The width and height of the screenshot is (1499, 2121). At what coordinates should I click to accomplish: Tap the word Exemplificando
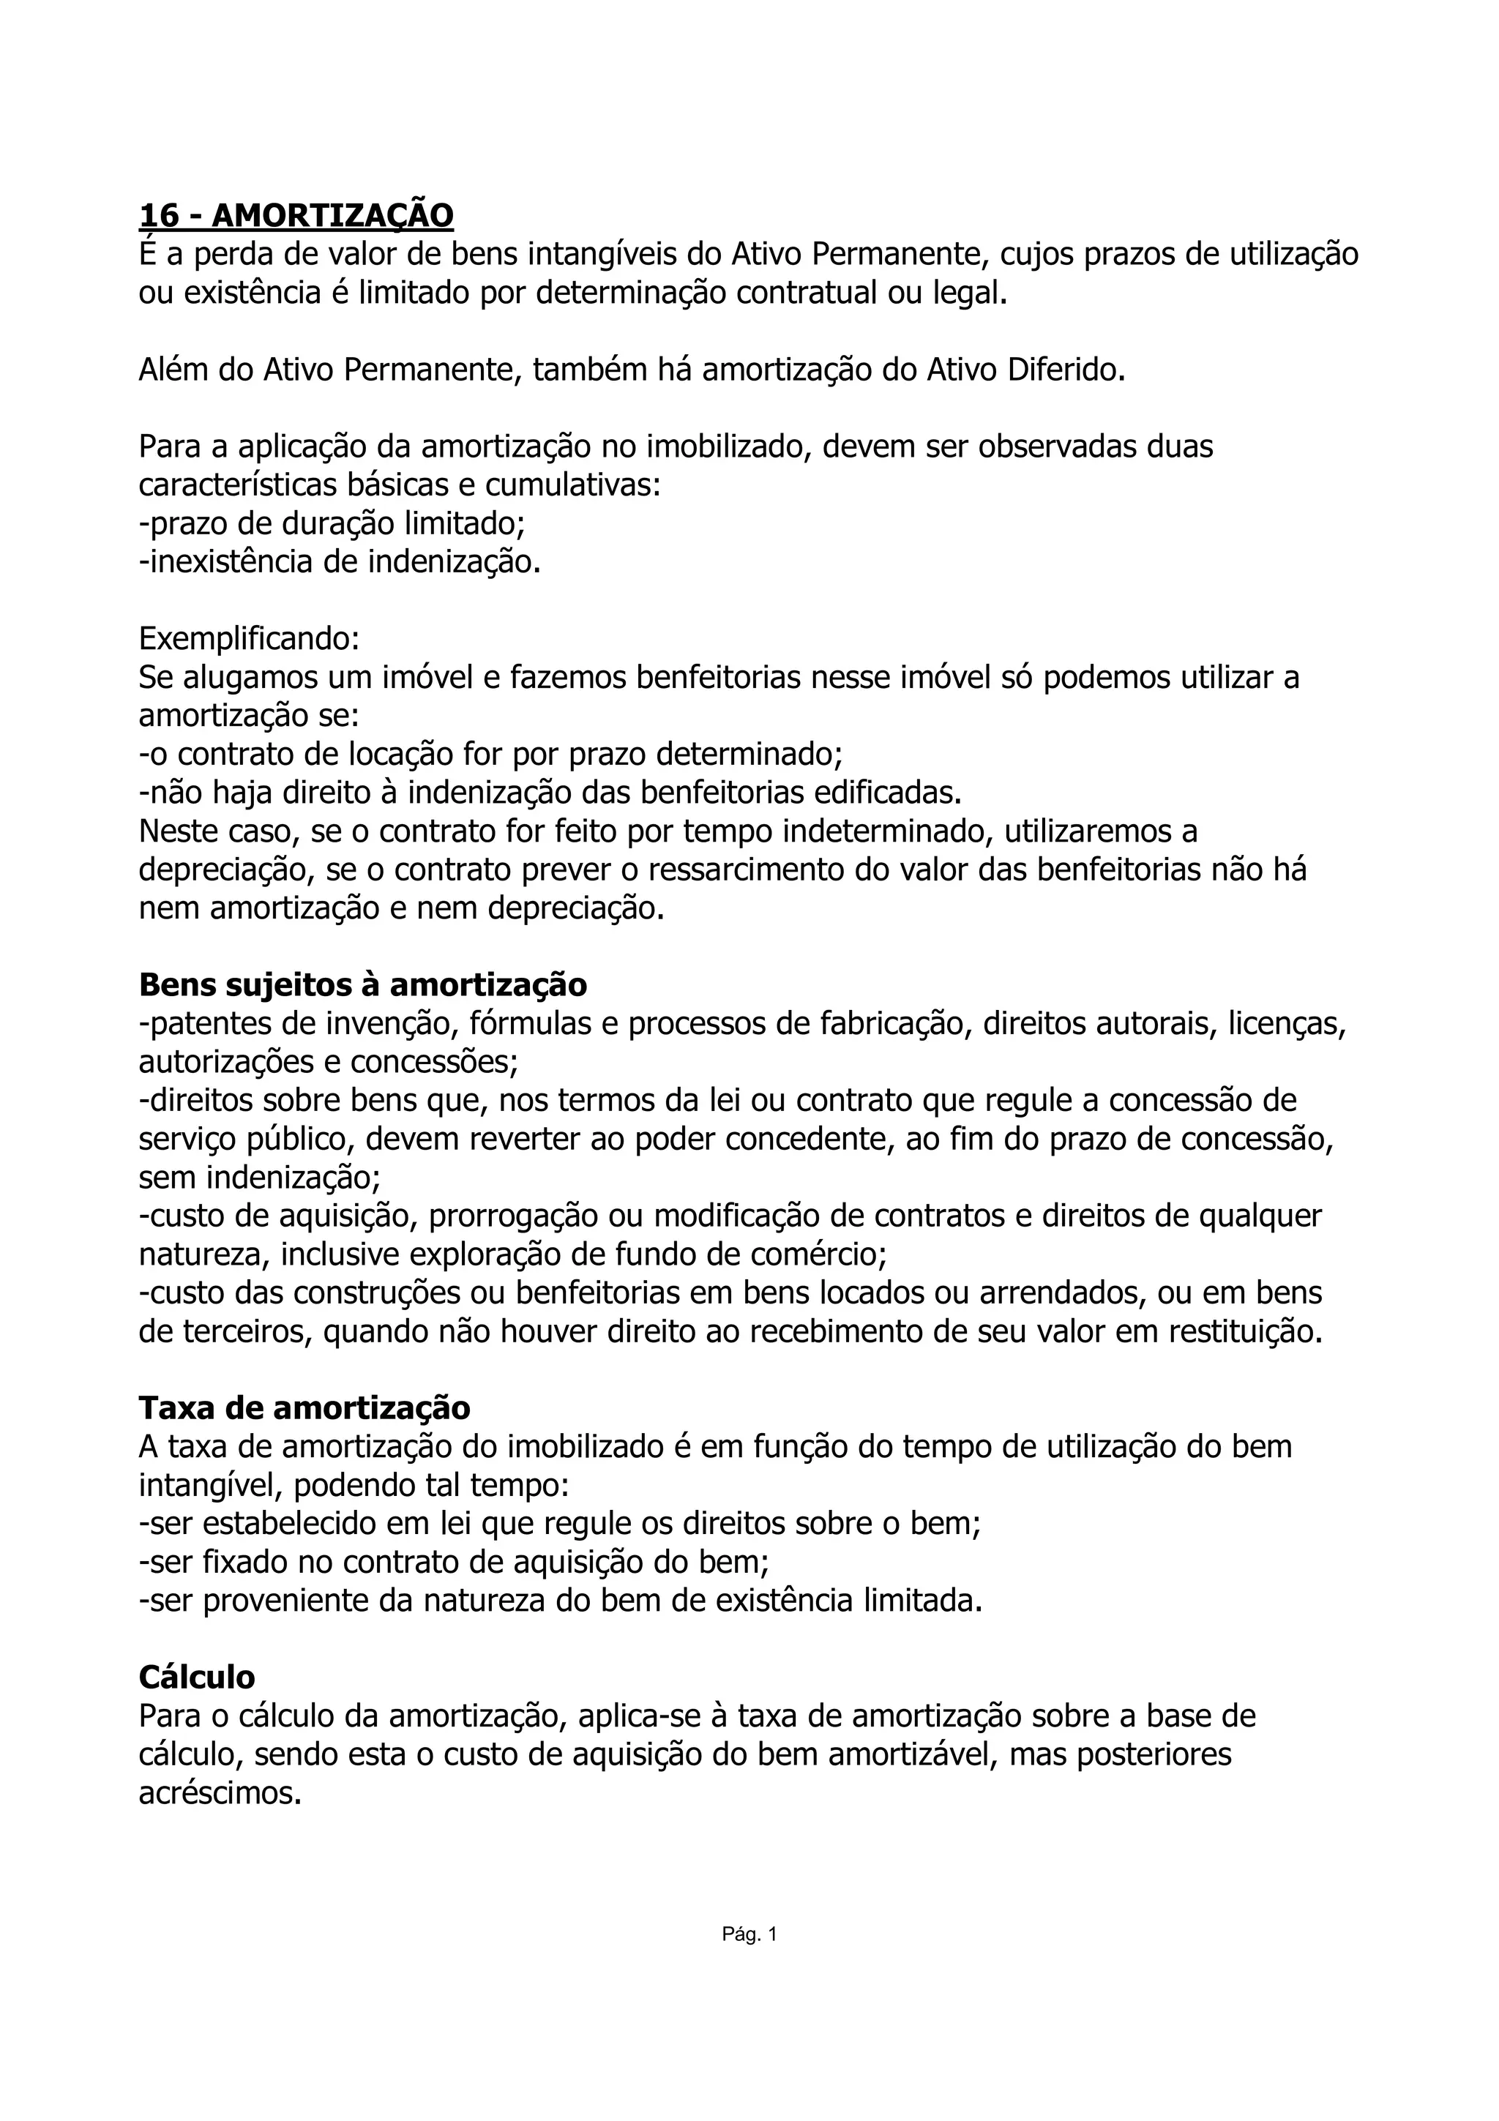248,638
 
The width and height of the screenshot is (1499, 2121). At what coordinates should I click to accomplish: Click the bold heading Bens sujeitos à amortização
363,985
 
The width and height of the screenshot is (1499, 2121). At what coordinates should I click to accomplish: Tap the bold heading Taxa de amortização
304,1408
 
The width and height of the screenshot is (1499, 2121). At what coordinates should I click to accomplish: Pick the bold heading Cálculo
197,1677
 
